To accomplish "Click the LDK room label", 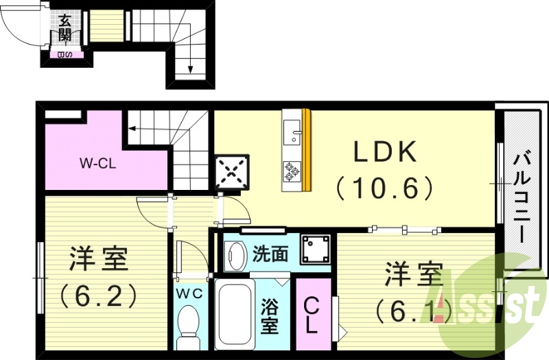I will click(x=385, y=152).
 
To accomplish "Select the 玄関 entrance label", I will click(x=65, y=28).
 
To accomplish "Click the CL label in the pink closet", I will click(x=311, y=314).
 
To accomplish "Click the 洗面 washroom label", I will click(x=270, y=254).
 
